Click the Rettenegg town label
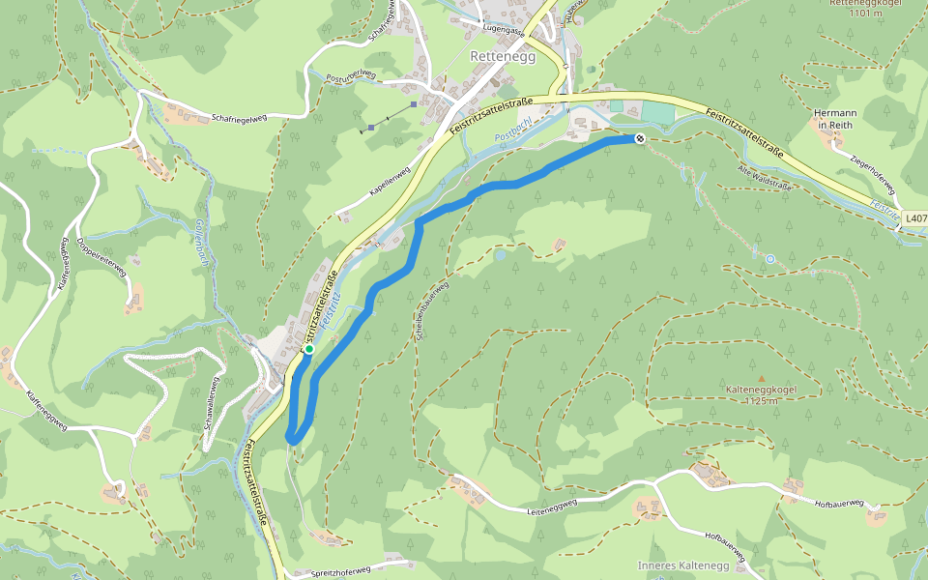pyautogui.click(x=495, y=56)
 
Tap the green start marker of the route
pyautogui.click(x=308, y=350)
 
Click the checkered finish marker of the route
pyautogui.click(x=640, y=139)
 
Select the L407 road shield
pyautogui.click(x=914, y=219)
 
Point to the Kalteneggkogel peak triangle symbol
pyautogui.click(x=761, y=378)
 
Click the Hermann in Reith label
pyautogui.click(x=836, y=119)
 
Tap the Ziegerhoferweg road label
pyautogui.click(x=876, y=170)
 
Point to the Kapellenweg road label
pyautogui.click(x=390, y=183)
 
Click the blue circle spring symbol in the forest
pyautogui.click(x=769, y=259)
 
